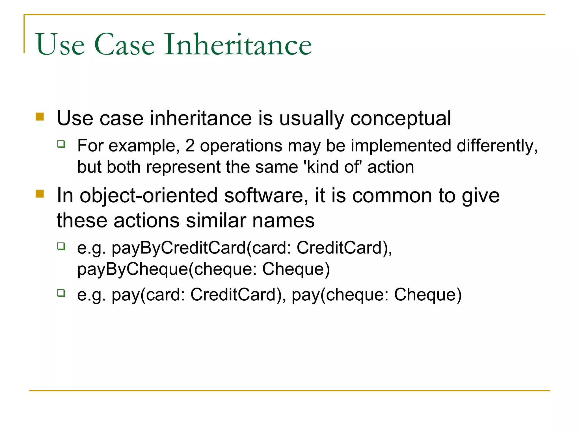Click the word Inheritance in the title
(238, 45)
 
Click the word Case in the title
(124, 45)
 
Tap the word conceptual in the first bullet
(401, 119)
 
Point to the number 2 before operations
(190, 146)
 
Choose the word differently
(497, 146)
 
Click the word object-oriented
(149, 196)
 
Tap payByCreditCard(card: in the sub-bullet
(201, 248)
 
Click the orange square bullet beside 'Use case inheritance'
(40, 117)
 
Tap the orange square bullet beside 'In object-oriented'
(40, 194)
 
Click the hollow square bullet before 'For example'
(61, 144)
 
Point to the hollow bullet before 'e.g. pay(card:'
(61, 293)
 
